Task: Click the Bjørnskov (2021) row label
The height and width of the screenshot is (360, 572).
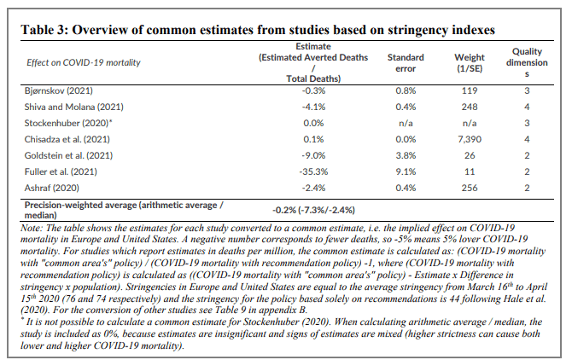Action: pyautogui.click(x=59, y=90)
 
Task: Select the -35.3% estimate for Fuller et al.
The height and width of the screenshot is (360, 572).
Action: pyautogui.click(x=313, y=171)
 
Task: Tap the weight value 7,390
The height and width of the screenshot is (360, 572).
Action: pyautogui.click(x=470, y=139)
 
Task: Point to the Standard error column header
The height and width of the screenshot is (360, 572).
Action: pyautogui.click(x=406, y=63)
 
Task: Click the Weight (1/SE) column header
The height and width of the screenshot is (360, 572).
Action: pyautogui.click(x=470, y=63)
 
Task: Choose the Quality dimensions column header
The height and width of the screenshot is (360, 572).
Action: pyautogui.click(x=527, y=62)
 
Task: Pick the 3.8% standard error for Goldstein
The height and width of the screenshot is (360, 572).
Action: pyautogui.click(x=406, y=155)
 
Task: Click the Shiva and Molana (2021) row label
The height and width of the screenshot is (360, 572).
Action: pyautogui.click(x=74, y=107)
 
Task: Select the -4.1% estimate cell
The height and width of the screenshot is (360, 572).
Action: pyautogui.click(x=313, y=107)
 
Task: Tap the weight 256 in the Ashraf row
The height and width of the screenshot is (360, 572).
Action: pyautogui.click(x=470, y=188)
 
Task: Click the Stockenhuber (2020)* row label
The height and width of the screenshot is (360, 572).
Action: pyautogui.click(x=68, y=123)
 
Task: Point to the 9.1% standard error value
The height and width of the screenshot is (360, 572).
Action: pyautogui.click(x=406, y=171)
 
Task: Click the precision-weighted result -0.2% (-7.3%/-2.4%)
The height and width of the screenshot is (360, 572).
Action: pyautogui.click(x=313, y=210)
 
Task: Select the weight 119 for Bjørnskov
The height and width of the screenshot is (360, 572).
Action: pyautogui.click(x=470, y=90)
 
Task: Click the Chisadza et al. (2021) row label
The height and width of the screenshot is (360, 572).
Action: pyautogui.click(x=67, y=139)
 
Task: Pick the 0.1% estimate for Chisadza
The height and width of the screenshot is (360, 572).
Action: pyautogui.click(x=313, y=139)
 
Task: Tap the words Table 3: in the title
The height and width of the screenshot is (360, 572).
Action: pyautogui.click(x=44, y=30)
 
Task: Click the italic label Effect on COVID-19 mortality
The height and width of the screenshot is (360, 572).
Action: pyautogui.click(x=84, y=62)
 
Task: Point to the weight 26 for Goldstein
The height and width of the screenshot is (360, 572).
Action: pyautogui.click(x=470, y=155)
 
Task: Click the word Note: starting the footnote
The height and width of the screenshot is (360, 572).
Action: pyautogui.click(x=32, y=228)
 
